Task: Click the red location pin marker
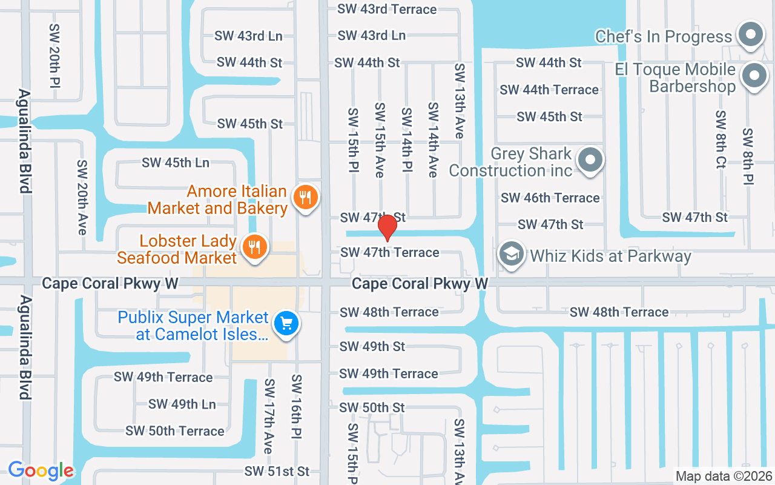[387, 228]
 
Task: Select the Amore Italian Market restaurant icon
[306, 198]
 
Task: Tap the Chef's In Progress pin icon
[751, 35]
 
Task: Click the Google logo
[41, 470]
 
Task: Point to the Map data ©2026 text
[724, 477]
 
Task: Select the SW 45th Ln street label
[176, 163]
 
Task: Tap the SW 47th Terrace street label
[390, 252]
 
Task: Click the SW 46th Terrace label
[550, 198]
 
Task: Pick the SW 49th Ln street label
[182, 404]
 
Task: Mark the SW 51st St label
[277, 471]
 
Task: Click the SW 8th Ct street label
[721, 139]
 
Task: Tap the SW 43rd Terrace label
[387, 9]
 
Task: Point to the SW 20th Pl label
[55, 55]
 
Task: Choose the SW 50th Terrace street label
[175, 431]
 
